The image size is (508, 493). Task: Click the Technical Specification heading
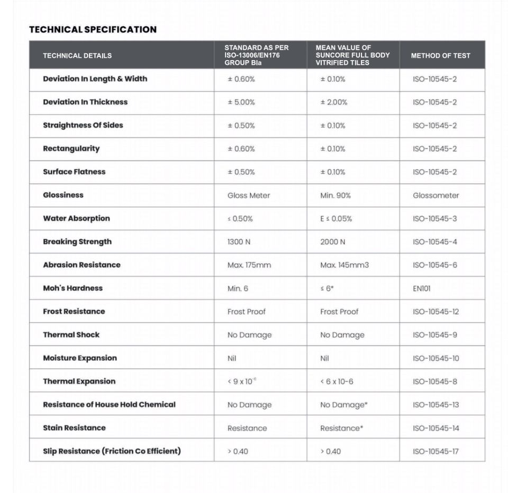coord(93,30)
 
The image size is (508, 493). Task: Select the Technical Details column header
coord(77,55)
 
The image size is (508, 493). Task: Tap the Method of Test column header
coord(440,55)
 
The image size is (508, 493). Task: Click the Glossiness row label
coord(63,195)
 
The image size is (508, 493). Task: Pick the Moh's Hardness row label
coord(72,288)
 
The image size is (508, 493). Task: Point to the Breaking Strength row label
coord(77,241)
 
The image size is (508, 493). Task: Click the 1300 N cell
coord(239,242)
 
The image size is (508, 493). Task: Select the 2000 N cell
coord(332,242)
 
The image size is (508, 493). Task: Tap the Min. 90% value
coord(335,196)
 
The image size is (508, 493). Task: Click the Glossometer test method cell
coord(436,196)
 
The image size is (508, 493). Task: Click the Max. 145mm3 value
coord(344,265)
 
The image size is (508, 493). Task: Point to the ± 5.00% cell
coord(241,103)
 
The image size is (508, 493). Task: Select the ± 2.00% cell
coord(333,103)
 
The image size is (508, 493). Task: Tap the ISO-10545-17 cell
coord(436,451)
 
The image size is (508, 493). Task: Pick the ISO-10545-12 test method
coord(436,312)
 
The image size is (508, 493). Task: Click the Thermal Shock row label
coord(71,334)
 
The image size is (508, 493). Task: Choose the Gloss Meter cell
coord(249,196)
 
